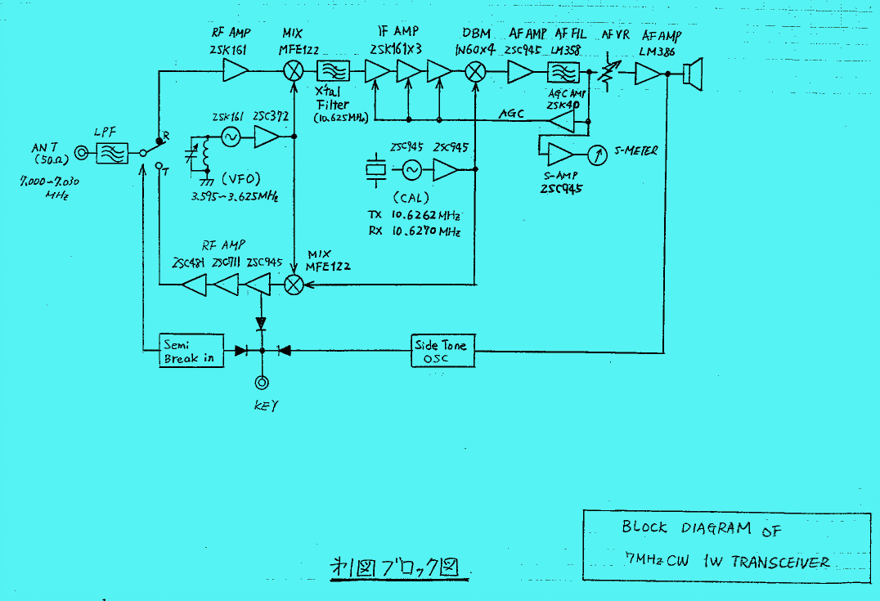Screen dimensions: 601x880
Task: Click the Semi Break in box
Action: (x=191, y=351)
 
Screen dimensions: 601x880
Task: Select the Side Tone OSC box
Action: (x=442, y=352)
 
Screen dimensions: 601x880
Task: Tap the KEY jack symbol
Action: (x=262, y=383)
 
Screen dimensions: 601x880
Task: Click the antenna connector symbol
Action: (x=82, y=153)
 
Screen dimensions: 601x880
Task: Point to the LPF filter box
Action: (x=112, y=153)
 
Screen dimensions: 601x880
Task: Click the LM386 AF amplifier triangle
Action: (x=647, y=74)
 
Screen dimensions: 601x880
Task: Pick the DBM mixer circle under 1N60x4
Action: (x=475, y=73)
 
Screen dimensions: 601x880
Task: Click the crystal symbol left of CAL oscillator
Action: (x=375, y=169)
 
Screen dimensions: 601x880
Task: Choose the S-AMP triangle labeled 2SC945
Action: (x=560, y=153)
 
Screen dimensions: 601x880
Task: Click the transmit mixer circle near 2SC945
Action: (x=293, y=285)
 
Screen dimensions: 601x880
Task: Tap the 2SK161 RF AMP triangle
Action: (x=236, y=73)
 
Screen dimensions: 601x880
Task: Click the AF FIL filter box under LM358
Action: (x=563, y=74)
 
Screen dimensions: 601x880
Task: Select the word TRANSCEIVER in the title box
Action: (x=780, y=562)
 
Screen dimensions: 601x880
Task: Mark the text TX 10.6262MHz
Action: (x=413, y=216)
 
